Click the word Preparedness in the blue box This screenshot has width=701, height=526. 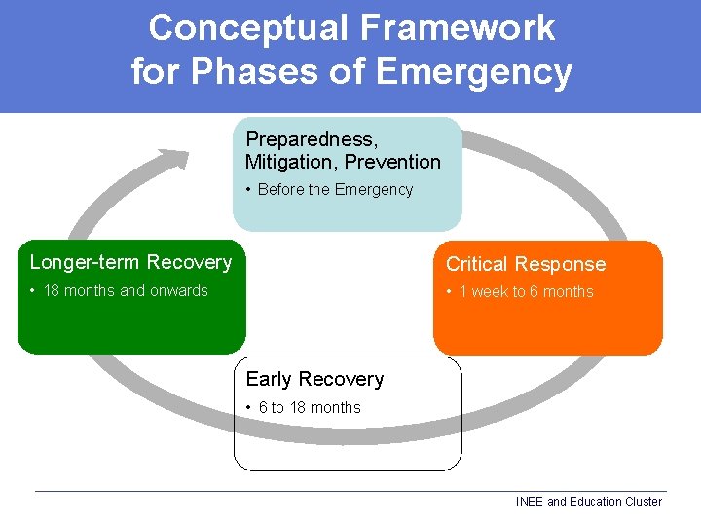(x=312, y=139)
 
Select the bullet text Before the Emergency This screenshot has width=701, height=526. (x=335, y=190)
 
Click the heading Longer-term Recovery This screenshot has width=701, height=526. (x=130, y=262)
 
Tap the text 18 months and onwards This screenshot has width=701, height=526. (x=126, y=290)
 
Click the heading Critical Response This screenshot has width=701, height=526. (x=525, y=264)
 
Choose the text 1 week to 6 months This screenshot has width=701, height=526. (x=526, y=292)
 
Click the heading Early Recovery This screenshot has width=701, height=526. (x=314, y=379)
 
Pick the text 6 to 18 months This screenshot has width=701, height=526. (x=310, y=408)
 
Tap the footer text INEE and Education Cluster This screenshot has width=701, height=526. (x=588, y=502)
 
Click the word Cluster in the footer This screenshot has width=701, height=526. (x=641, y=502)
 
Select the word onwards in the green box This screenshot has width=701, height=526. (x=176, y=290)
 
